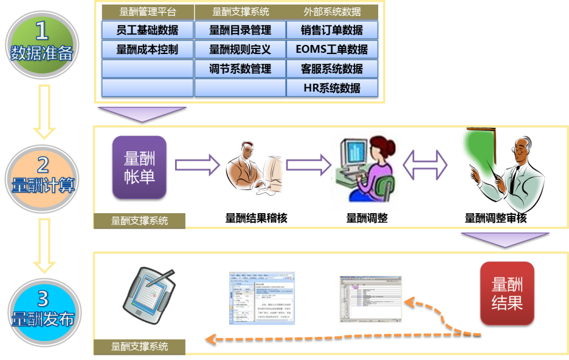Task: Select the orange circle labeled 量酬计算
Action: pyautogui.click(x=42, y=175)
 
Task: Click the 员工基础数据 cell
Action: pyautogui.click(x=147, y=30)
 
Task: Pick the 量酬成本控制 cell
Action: pyautogui.click(x=147, y=49)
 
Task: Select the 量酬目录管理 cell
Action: pyautogui.click(x=240, y=30)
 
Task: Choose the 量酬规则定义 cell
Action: pyautogui.click(x=240, y=49)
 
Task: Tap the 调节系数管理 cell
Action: pyautogui.click(x=240, y=69)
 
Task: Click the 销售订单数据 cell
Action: pyautogui.click(x=332, y=30)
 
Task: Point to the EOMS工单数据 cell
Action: pyautogui.click(x=332, y=49)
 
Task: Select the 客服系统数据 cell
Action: pyautogui.click(x=332, y=69)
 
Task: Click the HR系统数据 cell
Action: pyautogui.click(x=332, y=88)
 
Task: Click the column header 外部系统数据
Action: pyautogui.click(x=332, y=11)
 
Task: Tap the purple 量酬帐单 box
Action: pyautogui.click(x=140, y=167)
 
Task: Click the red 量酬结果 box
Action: pyautogui.click(x=507, y=293)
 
